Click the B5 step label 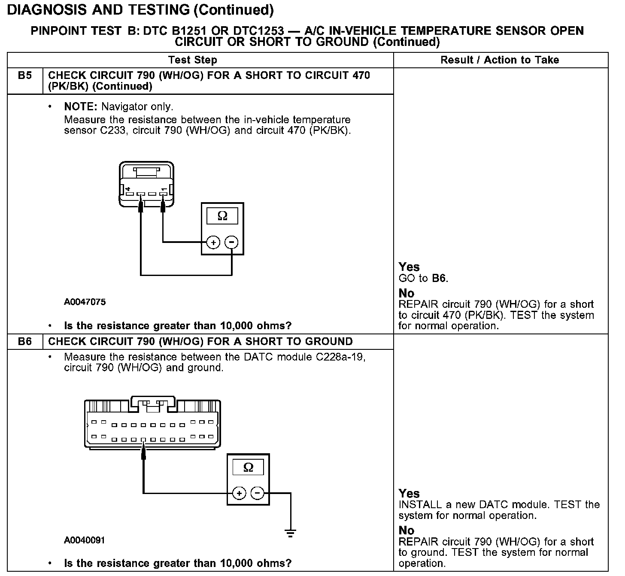(25, 76)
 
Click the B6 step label (25, 342)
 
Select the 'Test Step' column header (193, 60)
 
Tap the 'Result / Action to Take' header (500, 60)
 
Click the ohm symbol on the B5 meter (222, 215)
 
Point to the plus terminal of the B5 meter (213, 243)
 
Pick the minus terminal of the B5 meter (231, 243)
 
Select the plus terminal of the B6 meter (239, 494)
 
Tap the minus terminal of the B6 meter (258, 494)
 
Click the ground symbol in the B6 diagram (291, 534)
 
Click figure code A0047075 (85, 302)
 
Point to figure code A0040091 (85, 540)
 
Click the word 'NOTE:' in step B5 (81, 107)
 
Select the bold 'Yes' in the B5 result (409, 267)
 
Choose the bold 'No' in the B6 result (407, 531)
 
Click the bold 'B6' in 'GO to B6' (439, 279)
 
